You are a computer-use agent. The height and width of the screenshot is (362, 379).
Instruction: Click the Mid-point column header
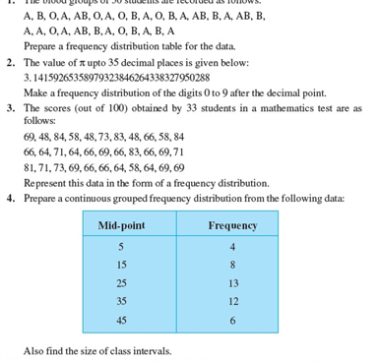point(122,225)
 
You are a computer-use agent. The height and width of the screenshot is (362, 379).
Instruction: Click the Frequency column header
point(232,225)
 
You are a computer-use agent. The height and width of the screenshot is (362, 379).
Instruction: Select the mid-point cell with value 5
point(120,246)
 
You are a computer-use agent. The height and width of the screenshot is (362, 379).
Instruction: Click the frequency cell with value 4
point(232,246)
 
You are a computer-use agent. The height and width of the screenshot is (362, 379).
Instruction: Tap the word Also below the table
point(34,351)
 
